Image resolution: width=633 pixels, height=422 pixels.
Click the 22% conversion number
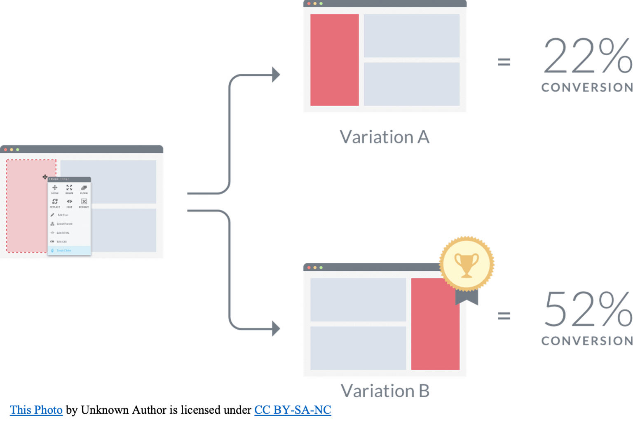click(587, 56)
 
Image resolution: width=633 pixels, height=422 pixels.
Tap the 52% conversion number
click(587, 309)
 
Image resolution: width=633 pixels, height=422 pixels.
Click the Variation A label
click(384, 137)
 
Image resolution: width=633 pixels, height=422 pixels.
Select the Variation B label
click(385, 390)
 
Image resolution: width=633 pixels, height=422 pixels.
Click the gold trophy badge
click(467, 264)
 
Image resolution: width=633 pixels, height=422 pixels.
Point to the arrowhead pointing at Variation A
click(276, 75)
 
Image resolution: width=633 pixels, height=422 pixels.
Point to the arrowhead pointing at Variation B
click(276, 328)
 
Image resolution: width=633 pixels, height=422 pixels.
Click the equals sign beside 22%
click(504, 62)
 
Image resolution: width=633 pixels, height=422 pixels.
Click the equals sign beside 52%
click(504, 316)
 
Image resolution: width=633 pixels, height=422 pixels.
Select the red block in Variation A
click(334, 60)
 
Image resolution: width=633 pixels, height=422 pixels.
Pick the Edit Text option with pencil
click(62, 215)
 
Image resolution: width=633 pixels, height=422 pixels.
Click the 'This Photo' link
click(36, 410)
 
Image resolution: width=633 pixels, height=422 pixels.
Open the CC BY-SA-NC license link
click(292, 410)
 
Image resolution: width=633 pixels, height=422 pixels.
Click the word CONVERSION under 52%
click(586, 341)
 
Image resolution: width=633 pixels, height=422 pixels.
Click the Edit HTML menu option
click(62, 233)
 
